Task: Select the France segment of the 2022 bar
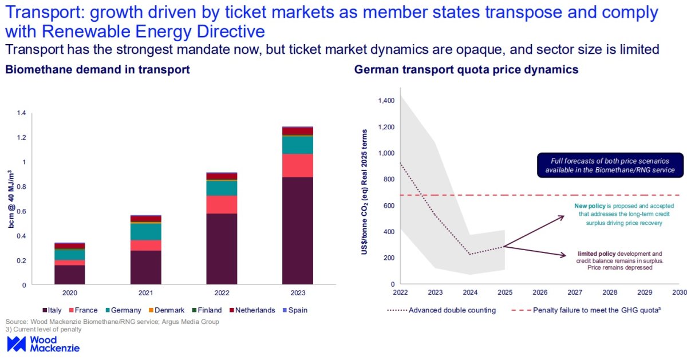pyautogui.click(x=222, y=204)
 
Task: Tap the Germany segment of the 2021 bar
pyautogui.click(x=146, y=231)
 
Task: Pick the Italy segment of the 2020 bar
pyautogui.click(x=70, y=274)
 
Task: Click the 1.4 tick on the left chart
pyautogui.click(x=21, y=113)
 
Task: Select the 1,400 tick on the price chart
pyautogui.click(x=386, y=101)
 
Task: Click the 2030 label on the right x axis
pyautogui.click(x=679, y=292)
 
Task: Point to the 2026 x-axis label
pyautogui.click(x=539, y=292)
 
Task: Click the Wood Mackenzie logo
pyautogui.click(x=43, y=343)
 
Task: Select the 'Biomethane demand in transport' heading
pyautogui.click(x=97, y=70)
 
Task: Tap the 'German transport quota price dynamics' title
pyautogui.click(x=466, y=70)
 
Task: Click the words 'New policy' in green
pyautogui.click(x=589, y=205)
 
